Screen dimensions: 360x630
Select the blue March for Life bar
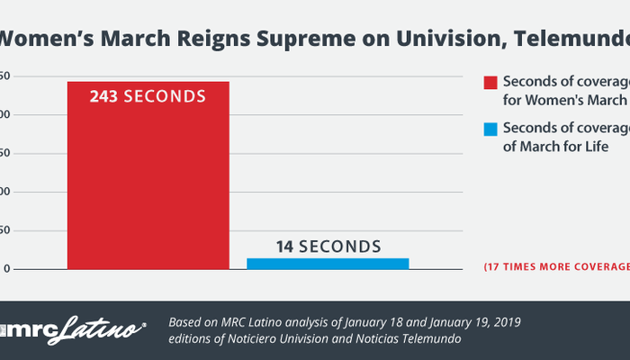coord(328,264)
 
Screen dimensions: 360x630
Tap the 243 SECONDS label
coord(148,96)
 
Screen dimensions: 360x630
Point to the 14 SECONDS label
coord(327,247)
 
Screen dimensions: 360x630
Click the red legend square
coord(490,83)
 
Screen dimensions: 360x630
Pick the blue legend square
coord(490,130)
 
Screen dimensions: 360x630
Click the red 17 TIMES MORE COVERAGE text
coord(556,267)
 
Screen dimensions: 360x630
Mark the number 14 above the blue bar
coord(284,247)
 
